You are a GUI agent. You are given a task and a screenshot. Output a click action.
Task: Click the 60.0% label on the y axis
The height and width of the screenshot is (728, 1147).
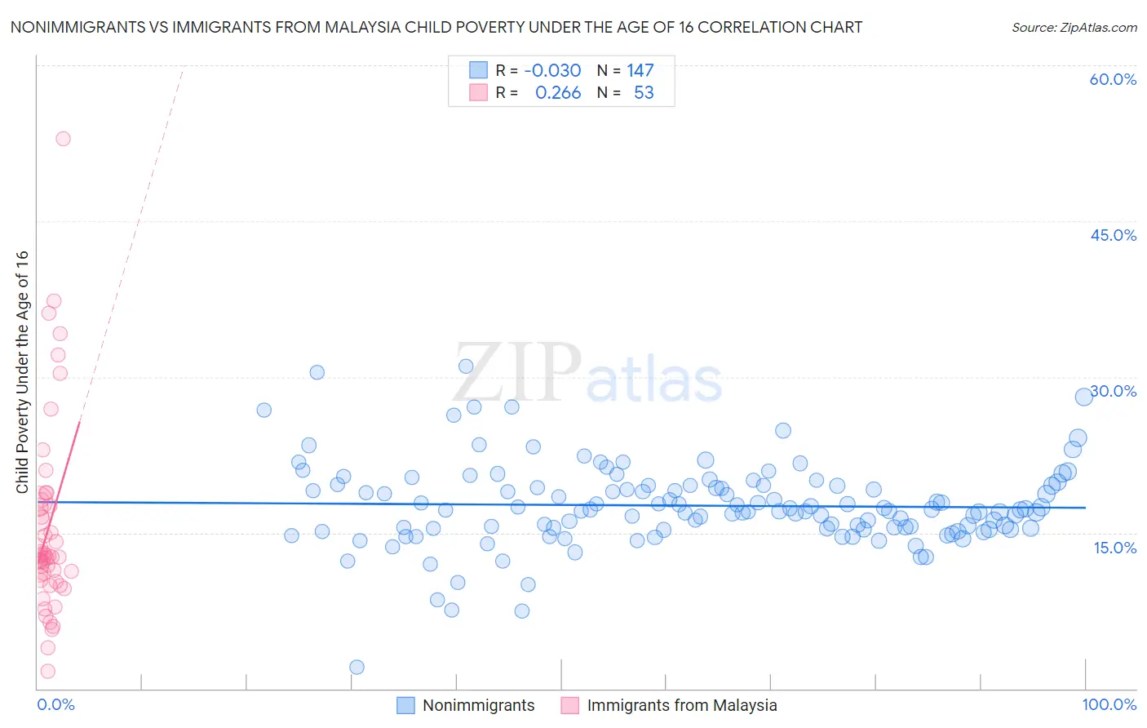[x=1113, y=79]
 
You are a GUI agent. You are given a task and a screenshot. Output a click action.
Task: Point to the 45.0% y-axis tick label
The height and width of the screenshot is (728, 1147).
[x=1113, y=235]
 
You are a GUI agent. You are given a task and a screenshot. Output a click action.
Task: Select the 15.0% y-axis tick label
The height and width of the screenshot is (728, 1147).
[x=1114, y=548]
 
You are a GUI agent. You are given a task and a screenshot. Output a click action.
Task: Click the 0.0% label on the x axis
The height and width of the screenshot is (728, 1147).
[x=55, y=705]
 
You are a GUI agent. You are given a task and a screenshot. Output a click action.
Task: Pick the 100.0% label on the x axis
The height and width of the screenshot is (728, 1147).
[x=1109, y=705]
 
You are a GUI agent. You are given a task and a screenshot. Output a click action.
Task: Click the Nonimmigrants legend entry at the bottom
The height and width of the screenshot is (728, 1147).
[x=478, y=706]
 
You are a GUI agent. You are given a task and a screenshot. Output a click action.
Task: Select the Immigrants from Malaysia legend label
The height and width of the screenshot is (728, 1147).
[x=681, y=706]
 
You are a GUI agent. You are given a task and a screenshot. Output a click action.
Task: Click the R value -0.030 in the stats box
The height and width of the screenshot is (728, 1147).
[x=552, y=71]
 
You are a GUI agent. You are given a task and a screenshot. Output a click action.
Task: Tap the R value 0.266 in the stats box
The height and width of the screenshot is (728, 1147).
[x=558, y=93]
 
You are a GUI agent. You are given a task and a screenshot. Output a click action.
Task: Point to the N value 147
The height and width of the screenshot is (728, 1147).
[x=640, y=71]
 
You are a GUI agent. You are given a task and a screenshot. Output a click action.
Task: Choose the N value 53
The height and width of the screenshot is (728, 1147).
[x=644, y=93]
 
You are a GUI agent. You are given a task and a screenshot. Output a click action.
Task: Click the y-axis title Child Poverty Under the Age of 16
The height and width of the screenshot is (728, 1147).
[x=22, y=372]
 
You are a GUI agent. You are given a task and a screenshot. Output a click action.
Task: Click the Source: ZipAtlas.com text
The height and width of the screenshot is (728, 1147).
[x=1074, y=28]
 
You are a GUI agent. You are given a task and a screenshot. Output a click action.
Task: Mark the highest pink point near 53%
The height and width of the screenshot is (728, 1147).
[x=63, y=139]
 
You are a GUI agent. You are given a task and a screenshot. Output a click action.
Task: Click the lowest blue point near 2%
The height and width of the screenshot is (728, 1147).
[x=356, y=668]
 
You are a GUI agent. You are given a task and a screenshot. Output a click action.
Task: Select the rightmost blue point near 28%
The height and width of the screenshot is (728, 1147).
[x=1083, y=397]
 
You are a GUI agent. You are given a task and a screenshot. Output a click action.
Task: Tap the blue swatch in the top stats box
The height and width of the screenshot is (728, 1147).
[x=478, y=71]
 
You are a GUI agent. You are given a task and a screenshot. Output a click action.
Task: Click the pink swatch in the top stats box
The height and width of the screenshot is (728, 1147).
[x=478, y=93]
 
